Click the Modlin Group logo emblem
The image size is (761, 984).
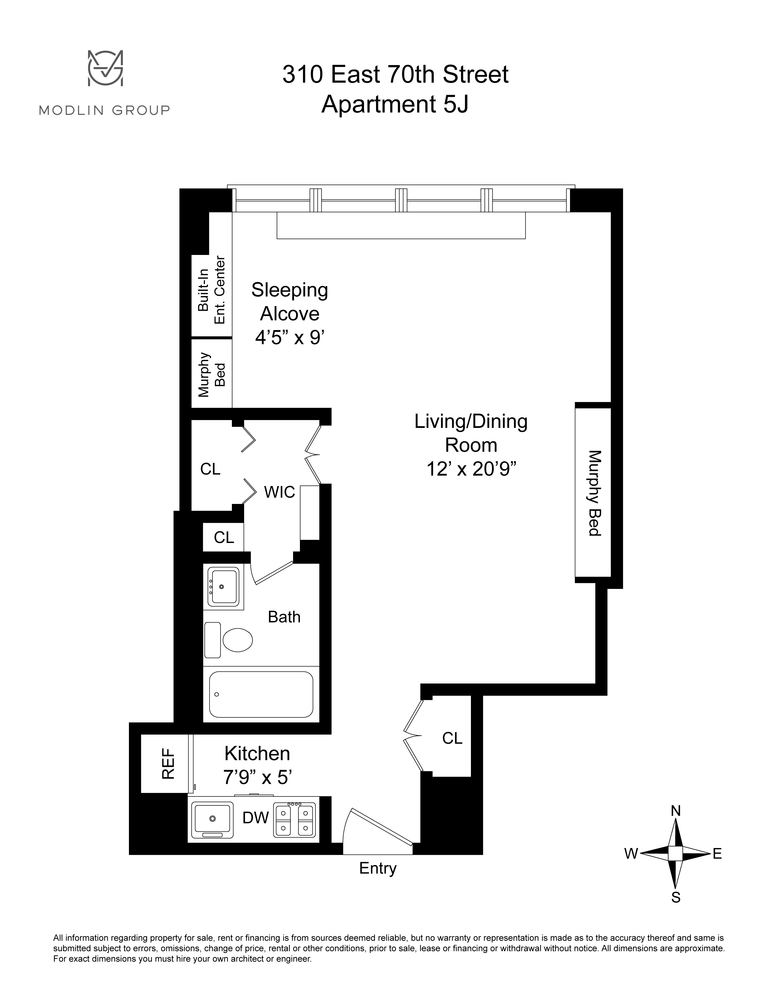(x=105, y=68)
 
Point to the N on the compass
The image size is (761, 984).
(x=676, y=811)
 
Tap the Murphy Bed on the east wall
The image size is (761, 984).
(x=593, y=493)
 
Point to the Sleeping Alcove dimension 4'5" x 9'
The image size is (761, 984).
(x=290, y=338)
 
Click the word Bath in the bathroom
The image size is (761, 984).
(x=284, y=617)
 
